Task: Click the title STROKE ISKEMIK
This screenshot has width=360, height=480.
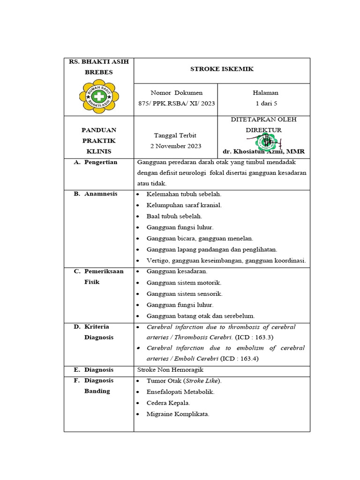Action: [x=222, y=69]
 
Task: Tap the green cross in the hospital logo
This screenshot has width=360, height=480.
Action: [x=98, y=97]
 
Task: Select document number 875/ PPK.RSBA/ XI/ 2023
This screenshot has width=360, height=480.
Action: [x=176, y=103]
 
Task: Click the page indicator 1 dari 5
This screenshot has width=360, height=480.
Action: [x=265, y=103]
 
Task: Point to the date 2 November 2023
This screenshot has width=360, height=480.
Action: [x=176, y=146]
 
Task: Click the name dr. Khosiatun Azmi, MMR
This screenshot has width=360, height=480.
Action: [x=264, y=151]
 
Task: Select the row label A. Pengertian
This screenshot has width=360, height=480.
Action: [x=96, y=162]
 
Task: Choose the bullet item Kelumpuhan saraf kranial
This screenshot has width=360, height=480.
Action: [x=184, y=205]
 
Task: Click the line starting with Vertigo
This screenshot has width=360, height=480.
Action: [x=226, y=261]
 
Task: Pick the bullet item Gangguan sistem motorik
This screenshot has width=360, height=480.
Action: [x=184, y=283]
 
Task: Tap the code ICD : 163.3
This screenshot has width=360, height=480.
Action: [x=254, y=337]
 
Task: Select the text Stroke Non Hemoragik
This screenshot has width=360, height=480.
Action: [x=170, y=370]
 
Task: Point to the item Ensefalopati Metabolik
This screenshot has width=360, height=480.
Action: [x=180, y=392]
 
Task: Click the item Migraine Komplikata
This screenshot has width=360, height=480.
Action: [x=178, y=414]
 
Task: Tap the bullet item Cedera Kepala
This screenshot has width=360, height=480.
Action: [x=168, y=403]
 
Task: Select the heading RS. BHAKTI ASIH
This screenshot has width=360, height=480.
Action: [x=98, y=62]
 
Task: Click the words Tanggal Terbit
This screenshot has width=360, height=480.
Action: [x=176, y=135]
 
